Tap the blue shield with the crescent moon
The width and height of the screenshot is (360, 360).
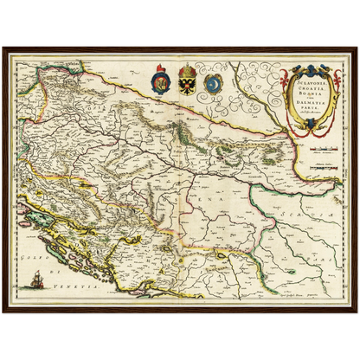(x=213, y=83)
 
